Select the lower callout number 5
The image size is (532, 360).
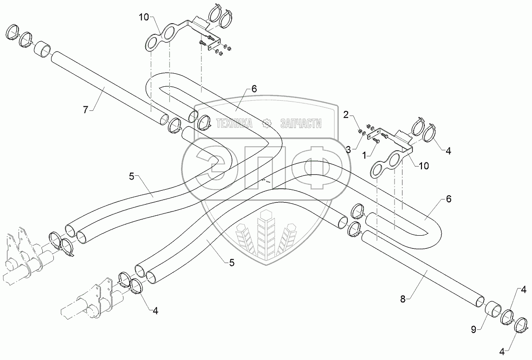pos(232,262)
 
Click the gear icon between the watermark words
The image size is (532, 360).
pos(266,123)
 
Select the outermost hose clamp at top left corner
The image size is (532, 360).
pos(13,32)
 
